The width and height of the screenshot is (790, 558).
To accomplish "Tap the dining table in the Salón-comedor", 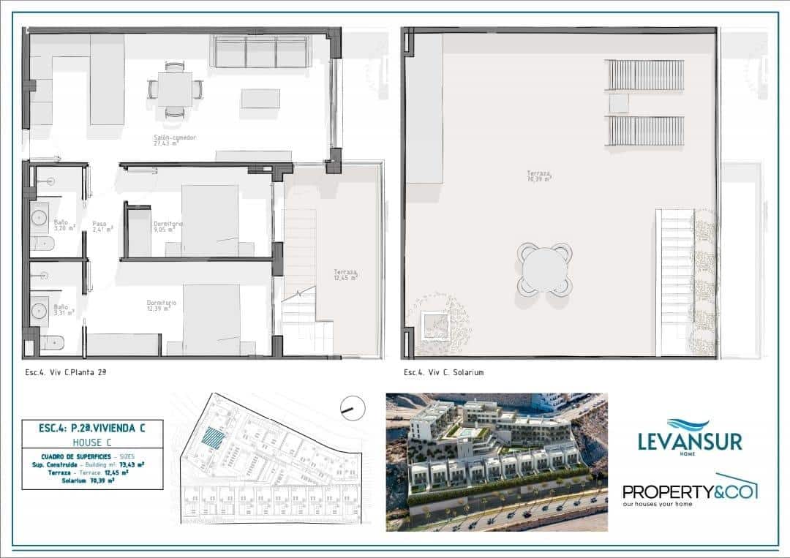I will [x=175, y=89].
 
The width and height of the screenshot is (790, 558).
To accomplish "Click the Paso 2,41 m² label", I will [x=102, y=227].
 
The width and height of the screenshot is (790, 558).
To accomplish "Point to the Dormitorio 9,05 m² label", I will [x=168, y=227].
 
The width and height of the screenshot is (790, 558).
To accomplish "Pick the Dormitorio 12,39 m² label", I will [x=161, y=306].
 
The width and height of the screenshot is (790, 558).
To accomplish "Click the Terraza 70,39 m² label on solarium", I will [x=539, y=176].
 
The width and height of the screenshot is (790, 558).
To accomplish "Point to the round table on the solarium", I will [x=545, y=270].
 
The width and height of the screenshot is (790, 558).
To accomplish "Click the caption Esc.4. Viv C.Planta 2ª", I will [x=66, y=372].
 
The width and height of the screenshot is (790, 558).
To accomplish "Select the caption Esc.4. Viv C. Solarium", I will [x=443, y=372].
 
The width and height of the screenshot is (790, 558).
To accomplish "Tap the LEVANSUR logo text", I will [x=690, y=442].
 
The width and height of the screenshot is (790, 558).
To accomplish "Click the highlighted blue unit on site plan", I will [x=212, y=438].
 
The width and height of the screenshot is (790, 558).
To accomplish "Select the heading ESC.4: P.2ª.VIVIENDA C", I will [x=91, y=429].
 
